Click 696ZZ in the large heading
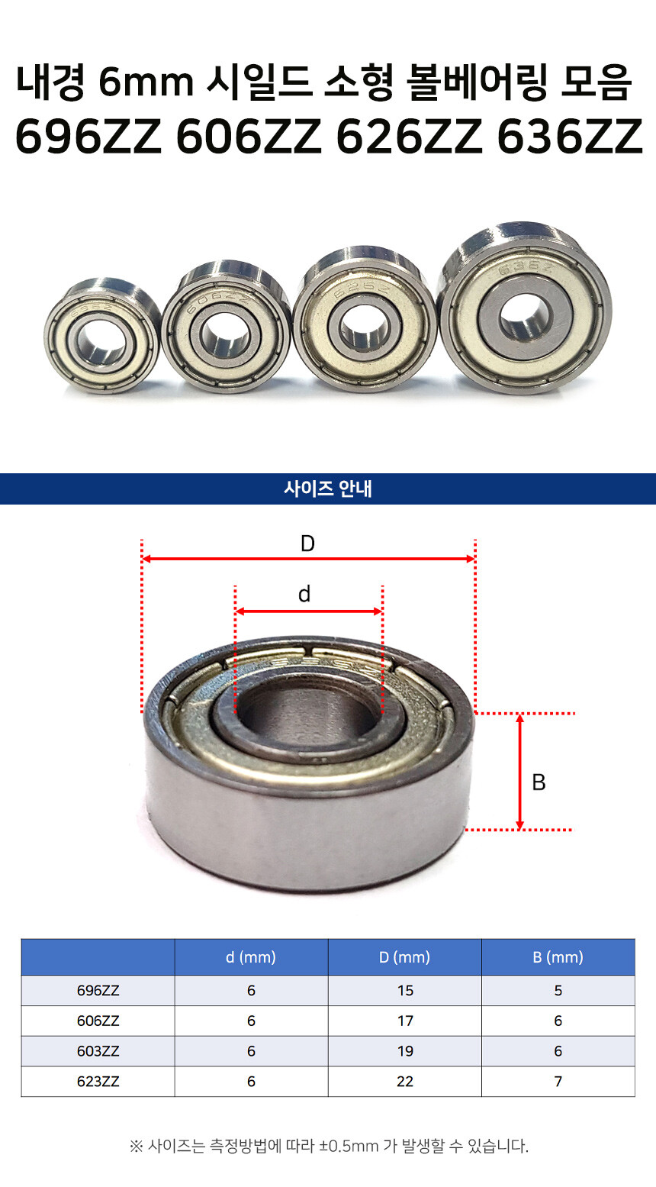tap(88, 137)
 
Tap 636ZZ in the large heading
tap(569, 137)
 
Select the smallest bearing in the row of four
tap(101, 335)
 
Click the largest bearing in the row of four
tap(525, 308)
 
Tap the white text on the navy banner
tap(328, 489)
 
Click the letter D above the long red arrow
tap(307, 544)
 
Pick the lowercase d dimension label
tap(304, 594)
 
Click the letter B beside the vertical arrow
tap(539, 782)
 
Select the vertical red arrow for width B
tap(520, 772)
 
